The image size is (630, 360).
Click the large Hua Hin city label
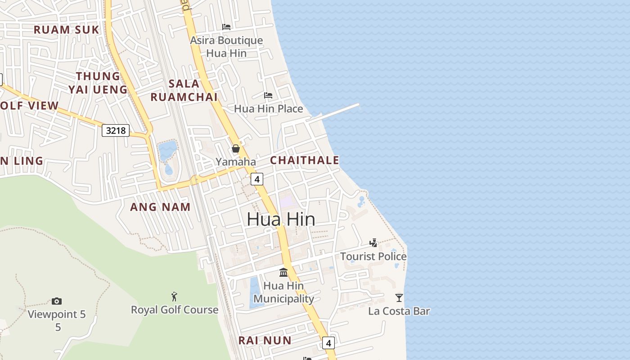pos(281,219)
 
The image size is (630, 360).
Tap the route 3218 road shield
pos(116,131)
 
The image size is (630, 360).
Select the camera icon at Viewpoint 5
pos(57,301)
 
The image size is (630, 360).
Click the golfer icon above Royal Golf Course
pos(175,297)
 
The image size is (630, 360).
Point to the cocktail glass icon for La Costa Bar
pos(399,297)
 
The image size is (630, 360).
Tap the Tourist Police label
pos(373,256)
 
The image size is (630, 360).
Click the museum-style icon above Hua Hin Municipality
pos(283,272)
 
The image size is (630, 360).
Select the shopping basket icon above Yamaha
pos(235,148)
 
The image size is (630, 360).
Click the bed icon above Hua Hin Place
pos(268,95)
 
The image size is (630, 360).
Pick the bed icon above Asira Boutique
pos(226,27)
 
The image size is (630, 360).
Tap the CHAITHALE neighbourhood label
pos(304,160)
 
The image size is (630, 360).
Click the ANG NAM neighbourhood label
pos(160,207)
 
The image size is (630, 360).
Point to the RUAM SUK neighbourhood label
pos(67,30)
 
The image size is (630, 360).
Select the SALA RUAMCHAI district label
pos(184,90)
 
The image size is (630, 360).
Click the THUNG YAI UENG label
pos(98,83)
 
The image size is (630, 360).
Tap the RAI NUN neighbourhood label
pos(265,340)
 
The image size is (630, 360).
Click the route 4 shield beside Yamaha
pos(256,179)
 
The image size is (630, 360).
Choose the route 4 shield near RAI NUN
pos(328,343)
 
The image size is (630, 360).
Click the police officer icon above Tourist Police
pos(373,243)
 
